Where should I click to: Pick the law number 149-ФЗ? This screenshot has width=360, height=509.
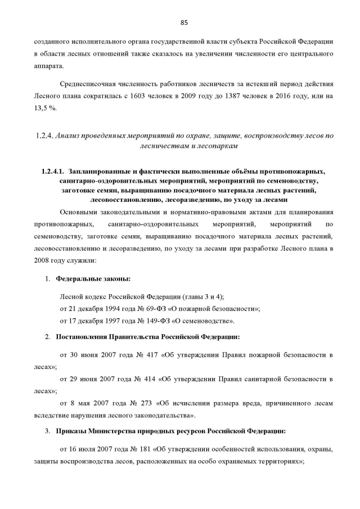152,321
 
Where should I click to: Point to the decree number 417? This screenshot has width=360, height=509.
149,355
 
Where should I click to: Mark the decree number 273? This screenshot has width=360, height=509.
143,403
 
